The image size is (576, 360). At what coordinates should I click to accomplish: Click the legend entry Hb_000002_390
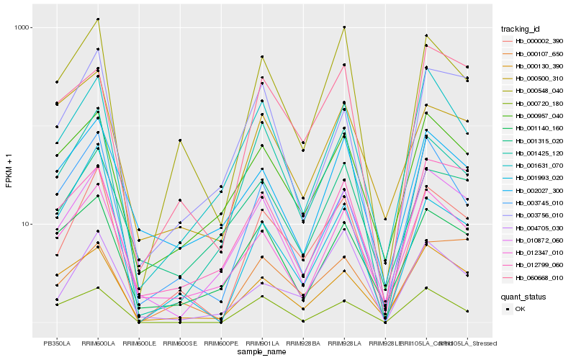(x=536, y=42)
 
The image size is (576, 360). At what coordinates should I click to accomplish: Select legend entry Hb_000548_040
(x=536, y=91)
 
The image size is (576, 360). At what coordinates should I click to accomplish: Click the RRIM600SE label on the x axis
(x=180, y=343)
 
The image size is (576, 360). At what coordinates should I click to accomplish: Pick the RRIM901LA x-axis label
(x=262, y=343)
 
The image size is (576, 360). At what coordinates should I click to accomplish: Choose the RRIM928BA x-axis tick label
(x=303, y=343)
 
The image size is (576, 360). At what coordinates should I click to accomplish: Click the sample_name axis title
(x=262, y=353)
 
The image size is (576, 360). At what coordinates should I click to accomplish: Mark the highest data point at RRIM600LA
(x=98, y=19)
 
